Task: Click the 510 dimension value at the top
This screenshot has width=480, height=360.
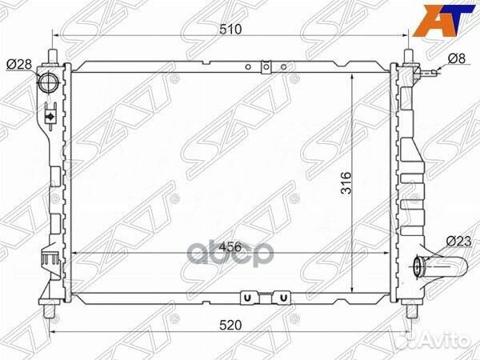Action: click(x=230, y=29)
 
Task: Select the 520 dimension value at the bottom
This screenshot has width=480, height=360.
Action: click(x=230, y=325)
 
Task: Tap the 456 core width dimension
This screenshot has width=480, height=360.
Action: click(x=230, y=246)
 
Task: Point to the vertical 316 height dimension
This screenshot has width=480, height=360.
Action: click(x=346, y=182)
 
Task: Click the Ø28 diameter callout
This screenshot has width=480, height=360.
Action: click(x=19, y=64)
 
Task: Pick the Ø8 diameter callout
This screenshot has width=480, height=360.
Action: click(x=457, y=58)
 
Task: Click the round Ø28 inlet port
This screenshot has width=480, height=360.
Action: click(x=46, y=82)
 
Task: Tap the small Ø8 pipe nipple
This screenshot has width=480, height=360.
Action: click(x=428, y=73)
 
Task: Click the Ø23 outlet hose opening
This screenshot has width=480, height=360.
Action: click(x=418, y=267)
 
